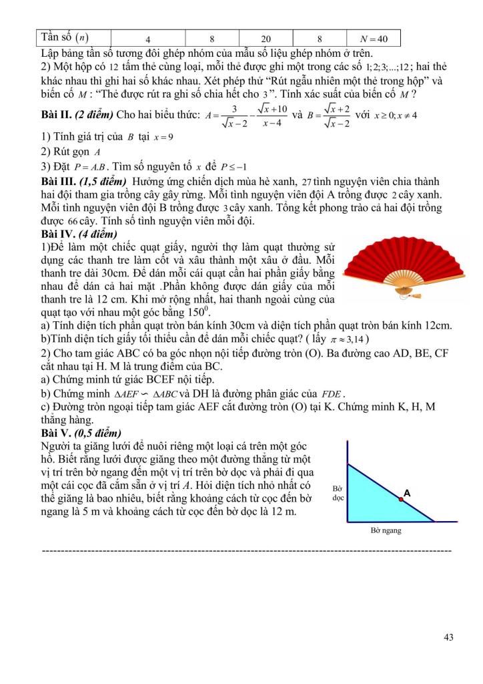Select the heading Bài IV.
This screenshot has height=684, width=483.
[x=57, y=234]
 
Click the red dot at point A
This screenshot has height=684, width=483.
[x=401, y=498]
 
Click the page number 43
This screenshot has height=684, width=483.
[x=448, y=637]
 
